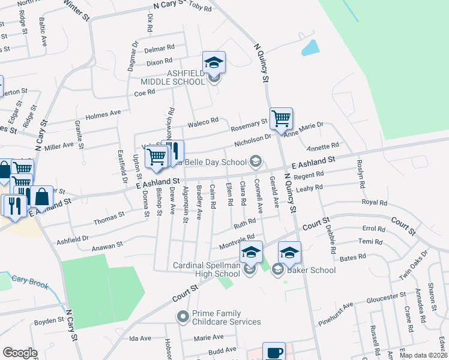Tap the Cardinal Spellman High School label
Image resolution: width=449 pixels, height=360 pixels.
[206, 269]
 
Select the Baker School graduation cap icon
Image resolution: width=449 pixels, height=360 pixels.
[289, 253]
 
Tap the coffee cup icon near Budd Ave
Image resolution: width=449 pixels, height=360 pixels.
[274, 353]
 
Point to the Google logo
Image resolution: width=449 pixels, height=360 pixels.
[20, 353]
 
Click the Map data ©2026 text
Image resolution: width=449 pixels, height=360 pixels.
[423, 355]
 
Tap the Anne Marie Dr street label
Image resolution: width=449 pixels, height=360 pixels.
[304, 128]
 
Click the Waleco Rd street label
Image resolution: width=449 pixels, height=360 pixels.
[202, 122]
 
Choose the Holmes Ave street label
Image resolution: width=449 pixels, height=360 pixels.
[104, 114]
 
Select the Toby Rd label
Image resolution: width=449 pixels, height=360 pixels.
[200, 9]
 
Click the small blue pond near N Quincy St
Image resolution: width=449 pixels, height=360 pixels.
[310, 47]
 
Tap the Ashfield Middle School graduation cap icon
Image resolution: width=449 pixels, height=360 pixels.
[214, 62]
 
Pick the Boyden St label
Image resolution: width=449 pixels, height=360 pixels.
[49, 321]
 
